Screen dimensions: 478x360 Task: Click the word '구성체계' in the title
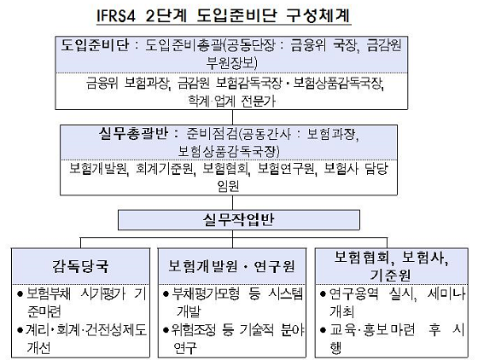318,15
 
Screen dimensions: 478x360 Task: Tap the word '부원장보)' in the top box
231,63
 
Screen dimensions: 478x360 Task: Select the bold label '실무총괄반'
133,134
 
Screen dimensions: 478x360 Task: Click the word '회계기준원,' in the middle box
165,168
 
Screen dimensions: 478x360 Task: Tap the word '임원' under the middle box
229,185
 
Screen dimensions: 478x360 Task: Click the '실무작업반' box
239,219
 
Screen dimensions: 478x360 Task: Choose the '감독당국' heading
80,266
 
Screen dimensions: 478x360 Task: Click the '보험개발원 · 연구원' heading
231,266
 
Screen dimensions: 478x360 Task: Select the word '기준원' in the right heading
391,275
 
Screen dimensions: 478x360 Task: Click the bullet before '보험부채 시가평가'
20,294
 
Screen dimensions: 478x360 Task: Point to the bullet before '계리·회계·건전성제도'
20,330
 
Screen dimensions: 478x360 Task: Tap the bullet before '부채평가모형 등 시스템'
166,294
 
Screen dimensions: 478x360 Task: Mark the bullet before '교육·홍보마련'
324,330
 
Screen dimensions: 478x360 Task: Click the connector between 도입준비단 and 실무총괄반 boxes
232,117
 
